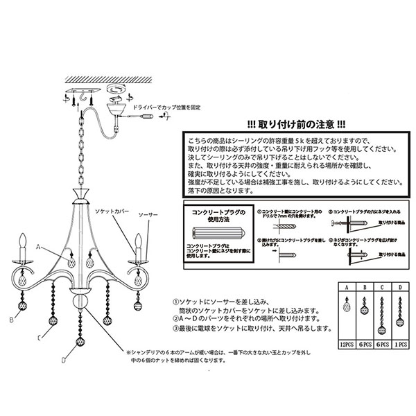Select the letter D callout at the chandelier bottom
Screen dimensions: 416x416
pyautogui.click(x=63, y=359)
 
